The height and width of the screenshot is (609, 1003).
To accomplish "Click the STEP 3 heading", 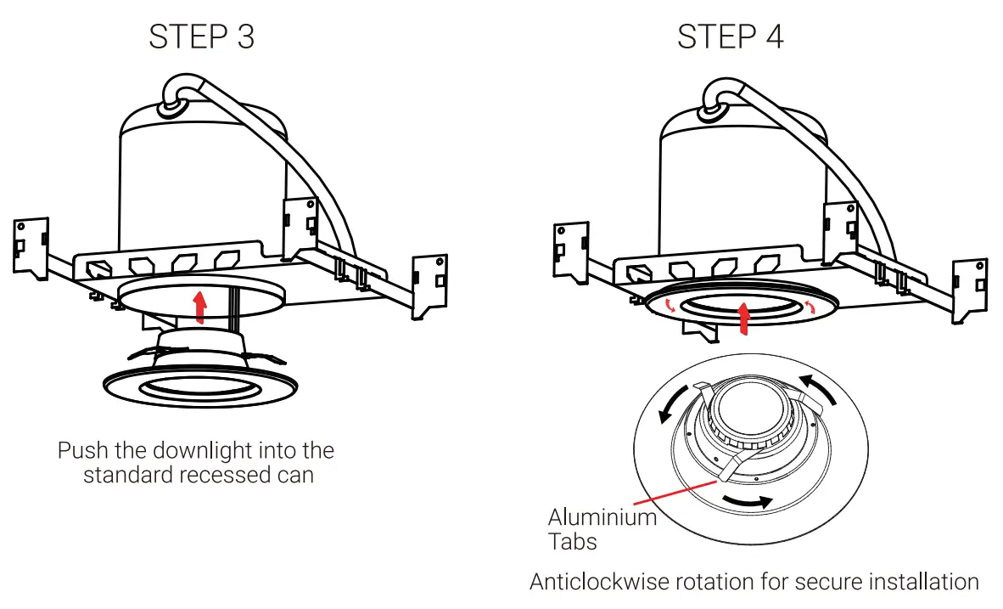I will tap(201, 37).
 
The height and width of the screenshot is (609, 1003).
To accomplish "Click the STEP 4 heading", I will tap(730, 37).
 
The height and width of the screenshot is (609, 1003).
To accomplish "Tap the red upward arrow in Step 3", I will tap(200, 307).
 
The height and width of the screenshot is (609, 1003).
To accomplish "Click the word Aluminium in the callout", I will tap(602, 516).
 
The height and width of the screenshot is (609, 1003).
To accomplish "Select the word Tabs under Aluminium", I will tap(572, 541).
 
